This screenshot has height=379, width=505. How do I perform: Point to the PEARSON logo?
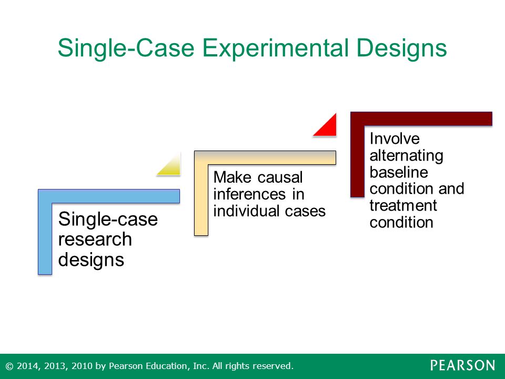[462, 365]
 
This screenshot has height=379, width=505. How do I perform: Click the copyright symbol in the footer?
[9, 366]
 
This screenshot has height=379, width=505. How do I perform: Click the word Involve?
[395, 138]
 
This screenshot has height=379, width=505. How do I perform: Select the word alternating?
[407, 156]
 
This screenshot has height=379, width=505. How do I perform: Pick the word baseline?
[399, 172]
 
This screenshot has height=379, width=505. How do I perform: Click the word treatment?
[403, 206]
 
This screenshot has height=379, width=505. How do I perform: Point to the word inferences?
[249, 194]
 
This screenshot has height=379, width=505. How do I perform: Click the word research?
[95, 240]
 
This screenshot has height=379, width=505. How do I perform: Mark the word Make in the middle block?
[233, 177]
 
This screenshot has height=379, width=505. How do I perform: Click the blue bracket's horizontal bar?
[109, 196]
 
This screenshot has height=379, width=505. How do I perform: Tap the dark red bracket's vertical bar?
[357, 154]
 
